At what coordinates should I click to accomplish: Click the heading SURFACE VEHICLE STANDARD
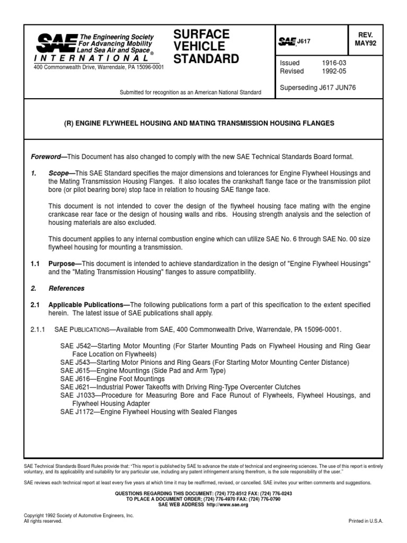coord(206,47)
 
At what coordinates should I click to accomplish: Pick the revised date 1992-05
coord(333,71)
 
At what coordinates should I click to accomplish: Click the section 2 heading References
coord(66,288)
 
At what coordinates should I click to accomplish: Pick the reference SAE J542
coord(74,346)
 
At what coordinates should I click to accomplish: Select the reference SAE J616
coord(74,379)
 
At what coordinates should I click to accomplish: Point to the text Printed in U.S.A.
coord(366,521)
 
